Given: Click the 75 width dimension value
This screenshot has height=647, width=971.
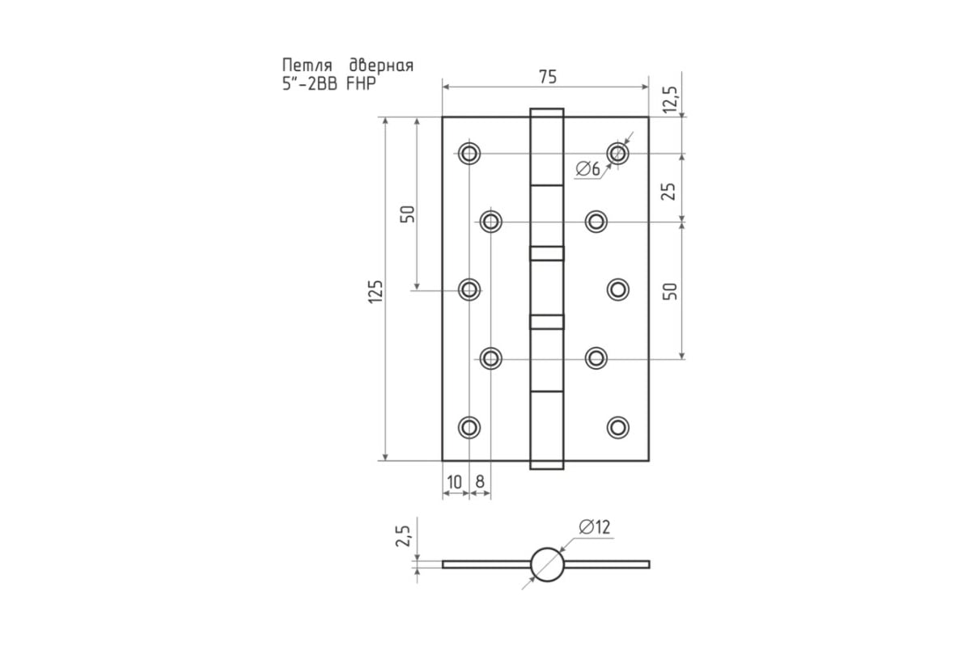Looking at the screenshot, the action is tap(548, 77).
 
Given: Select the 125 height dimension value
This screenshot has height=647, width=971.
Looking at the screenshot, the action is tap(375, 292).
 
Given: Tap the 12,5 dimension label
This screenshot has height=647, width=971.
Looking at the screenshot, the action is tap(670, 99).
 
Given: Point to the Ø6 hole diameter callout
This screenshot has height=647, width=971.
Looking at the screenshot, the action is tap(587, 168).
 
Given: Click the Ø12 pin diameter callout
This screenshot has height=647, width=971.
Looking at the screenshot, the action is tap(594, 527).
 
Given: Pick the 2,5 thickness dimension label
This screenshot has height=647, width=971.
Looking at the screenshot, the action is tap(403, 535).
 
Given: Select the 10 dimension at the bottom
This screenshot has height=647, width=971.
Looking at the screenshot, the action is tap(454, 482).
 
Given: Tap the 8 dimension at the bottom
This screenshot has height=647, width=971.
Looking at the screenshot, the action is tap(480, 482).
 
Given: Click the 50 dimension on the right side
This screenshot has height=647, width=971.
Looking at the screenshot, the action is tap(670, 291).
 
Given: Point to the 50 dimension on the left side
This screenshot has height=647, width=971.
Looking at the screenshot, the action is tap(408, 214).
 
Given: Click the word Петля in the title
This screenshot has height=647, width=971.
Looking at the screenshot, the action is tap(307, 66).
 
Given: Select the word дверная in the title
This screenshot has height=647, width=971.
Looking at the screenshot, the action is tap(381, 66).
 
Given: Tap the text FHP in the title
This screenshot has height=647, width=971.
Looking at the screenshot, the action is tap(361, 83).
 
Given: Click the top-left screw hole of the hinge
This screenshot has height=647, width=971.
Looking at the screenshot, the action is tap(469, 153).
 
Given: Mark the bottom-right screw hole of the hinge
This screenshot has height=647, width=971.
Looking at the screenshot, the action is tap(618, 427).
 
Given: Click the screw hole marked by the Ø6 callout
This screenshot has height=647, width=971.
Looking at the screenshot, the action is tap(617, 153).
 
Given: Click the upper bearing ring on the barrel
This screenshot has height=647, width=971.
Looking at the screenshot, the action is tap(547, 253).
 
